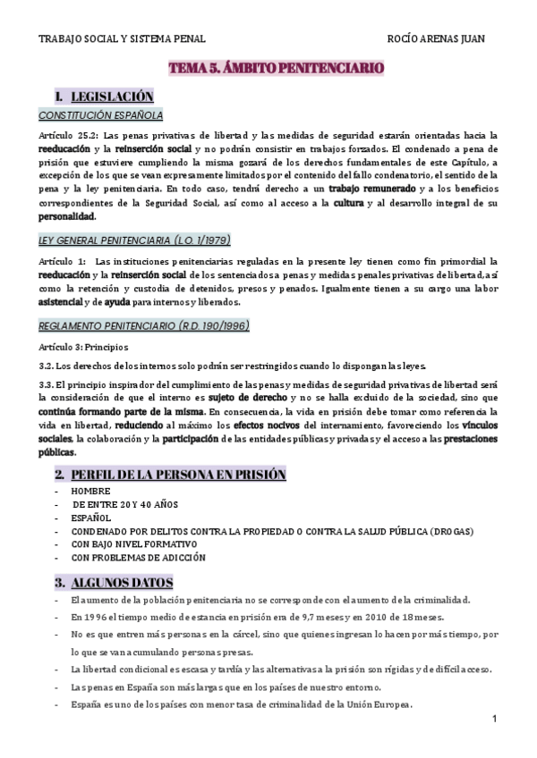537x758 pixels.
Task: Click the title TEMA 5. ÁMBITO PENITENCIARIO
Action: coord(277,67)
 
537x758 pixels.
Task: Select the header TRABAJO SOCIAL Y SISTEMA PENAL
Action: coord(123,39)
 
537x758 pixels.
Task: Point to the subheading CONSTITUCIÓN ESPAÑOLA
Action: coord(100,115)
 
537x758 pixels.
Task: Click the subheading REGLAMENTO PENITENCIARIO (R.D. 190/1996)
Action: coord(143,324)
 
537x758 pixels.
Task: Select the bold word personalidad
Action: coord(67,216)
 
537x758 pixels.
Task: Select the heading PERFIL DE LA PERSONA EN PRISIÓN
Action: coord(179,475)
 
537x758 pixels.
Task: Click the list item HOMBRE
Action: coord(91,491)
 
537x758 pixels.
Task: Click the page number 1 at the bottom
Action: coord(494,720)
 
